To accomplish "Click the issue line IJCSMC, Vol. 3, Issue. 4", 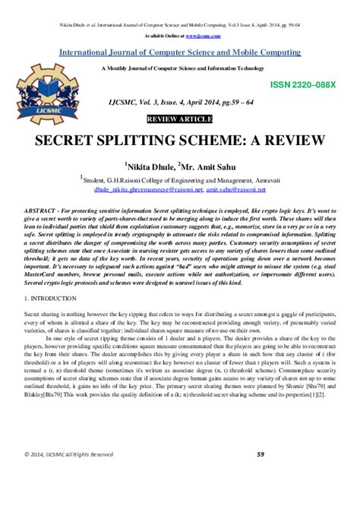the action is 180,109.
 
